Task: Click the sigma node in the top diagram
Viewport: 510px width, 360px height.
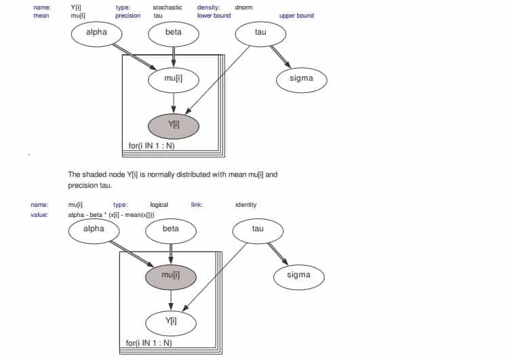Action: click(x=302, y=79)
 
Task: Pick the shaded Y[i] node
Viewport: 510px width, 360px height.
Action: click(x=174, y=125)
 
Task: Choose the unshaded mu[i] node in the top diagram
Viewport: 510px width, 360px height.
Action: click(x=174, y=79)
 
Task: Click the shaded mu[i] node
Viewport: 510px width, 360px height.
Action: click(x=170, y=275)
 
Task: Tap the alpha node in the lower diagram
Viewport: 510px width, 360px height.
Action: click(x=94, y=230)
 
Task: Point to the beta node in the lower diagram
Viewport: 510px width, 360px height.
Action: click(x=171, y=230)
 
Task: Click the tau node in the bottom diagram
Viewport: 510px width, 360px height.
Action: click(x=258, y=230)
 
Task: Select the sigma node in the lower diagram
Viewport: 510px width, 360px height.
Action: click(x=298, y=275)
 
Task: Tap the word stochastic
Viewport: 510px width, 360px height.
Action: click(x=168, y=7)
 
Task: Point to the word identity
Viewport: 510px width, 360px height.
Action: click(x=246, y=205)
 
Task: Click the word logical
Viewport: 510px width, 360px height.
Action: click(x=159, y=205)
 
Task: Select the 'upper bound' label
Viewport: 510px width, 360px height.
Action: click(x=296, y=16)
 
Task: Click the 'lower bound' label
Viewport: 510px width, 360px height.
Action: click(x=214, y=16)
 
